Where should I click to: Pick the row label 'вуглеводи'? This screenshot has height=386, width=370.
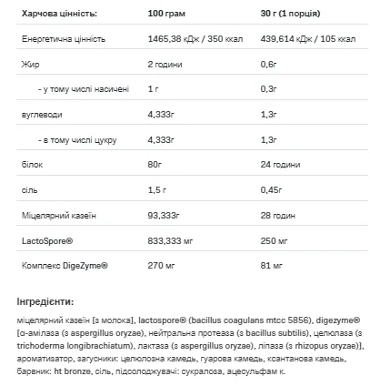tap(41, 115)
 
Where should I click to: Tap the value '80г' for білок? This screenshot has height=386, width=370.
tap(156, 165)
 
